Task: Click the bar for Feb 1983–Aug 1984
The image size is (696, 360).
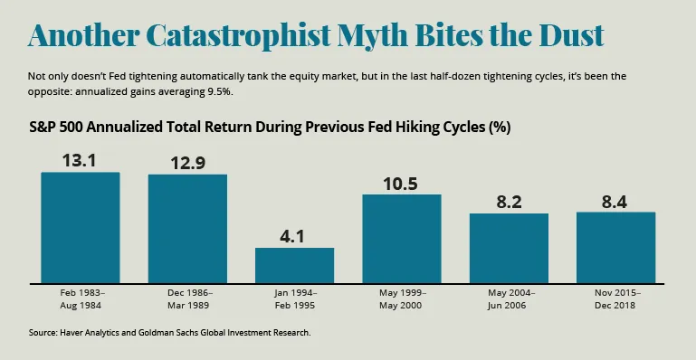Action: [x=81, y=227]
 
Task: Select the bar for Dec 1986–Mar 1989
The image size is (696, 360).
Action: [x=187, y=228]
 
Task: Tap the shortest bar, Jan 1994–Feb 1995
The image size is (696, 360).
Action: [x=294, y=264]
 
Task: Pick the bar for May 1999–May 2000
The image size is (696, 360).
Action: [x=401, y=238]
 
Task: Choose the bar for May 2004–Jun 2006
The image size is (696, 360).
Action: [x=509, y=248]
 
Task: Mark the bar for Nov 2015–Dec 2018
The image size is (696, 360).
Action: [x=615, y=247]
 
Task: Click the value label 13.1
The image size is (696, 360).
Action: [x=81, y=160]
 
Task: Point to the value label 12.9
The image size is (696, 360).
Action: [x=187, y=162]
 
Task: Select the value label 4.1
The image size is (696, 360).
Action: [x=294, y=236]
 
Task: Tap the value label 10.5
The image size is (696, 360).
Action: [x=401, y=183]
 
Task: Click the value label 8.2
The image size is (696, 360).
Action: [x=509, y=202]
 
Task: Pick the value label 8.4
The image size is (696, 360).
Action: [x=615, y=201]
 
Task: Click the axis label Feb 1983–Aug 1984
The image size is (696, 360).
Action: [x=81, y=298]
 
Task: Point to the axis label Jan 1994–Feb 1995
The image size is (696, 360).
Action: [x=294, y=298]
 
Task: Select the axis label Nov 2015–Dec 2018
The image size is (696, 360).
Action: [x=615, y=298]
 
